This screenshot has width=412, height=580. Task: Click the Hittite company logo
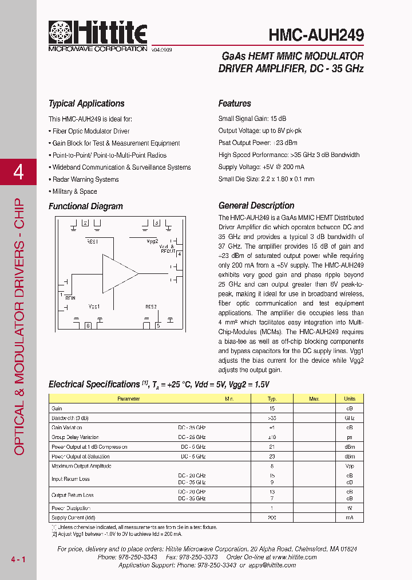(x=97, y=36)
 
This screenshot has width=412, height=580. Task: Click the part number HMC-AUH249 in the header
(x=316, y=36)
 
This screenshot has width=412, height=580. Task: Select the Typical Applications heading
(x=86, y=104)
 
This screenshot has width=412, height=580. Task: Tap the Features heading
(x=235, y=104)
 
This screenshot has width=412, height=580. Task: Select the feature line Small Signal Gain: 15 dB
(x=252, y=119)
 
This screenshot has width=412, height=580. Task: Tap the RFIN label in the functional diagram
(x=70, y=297)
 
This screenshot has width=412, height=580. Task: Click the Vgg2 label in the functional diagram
(x=152, y=241)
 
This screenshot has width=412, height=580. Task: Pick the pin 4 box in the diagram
(x=179, y=253)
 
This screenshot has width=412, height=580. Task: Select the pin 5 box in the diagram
(x=158, y=326)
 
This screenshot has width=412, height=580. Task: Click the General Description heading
(x=256, y=206)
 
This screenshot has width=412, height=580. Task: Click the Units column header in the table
(x=349, y=398)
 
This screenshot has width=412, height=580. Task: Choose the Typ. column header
(x=272, y=398)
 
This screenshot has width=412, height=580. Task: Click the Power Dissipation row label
(x=72, y=508)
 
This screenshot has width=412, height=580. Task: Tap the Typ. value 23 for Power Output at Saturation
(x=272, y=457)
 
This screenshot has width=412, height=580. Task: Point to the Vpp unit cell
(x=349, y=467)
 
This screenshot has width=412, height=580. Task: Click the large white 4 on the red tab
(x=18, y=172)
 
